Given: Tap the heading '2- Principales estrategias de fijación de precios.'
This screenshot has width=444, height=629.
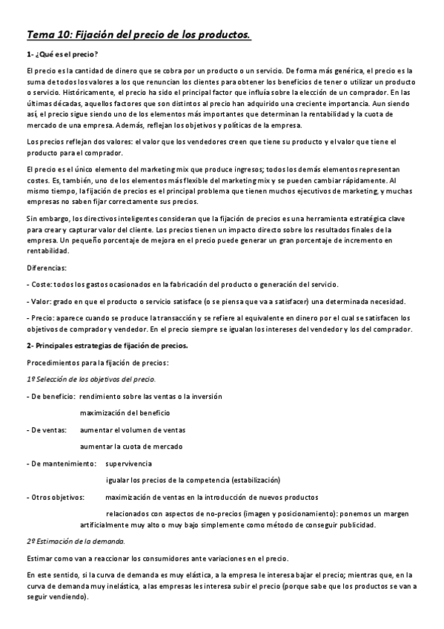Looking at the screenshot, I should (107, 346).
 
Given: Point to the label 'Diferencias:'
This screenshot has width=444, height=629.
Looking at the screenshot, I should (46, 269).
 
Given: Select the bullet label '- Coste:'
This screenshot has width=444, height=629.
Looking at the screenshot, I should (39, 285).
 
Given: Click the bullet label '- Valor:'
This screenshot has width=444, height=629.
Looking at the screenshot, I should (39, 302).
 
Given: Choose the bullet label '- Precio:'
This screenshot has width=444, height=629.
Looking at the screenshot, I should (41, 318).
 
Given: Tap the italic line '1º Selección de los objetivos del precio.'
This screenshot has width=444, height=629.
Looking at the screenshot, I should (85, 380).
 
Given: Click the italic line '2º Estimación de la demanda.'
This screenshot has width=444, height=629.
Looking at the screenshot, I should (76, 541).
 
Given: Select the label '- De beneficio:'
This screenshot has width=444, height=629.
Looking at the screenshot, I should (50, 396).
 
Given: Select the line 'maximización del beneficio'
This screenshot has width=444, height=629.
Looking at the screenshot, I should (125, 412).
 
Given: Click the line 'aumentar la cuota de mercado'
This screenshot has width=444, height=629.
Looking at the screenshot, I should (130, 446).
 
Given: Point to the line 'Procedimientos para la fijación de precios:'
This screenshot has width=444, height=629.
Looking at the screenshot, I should (98, 363).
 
